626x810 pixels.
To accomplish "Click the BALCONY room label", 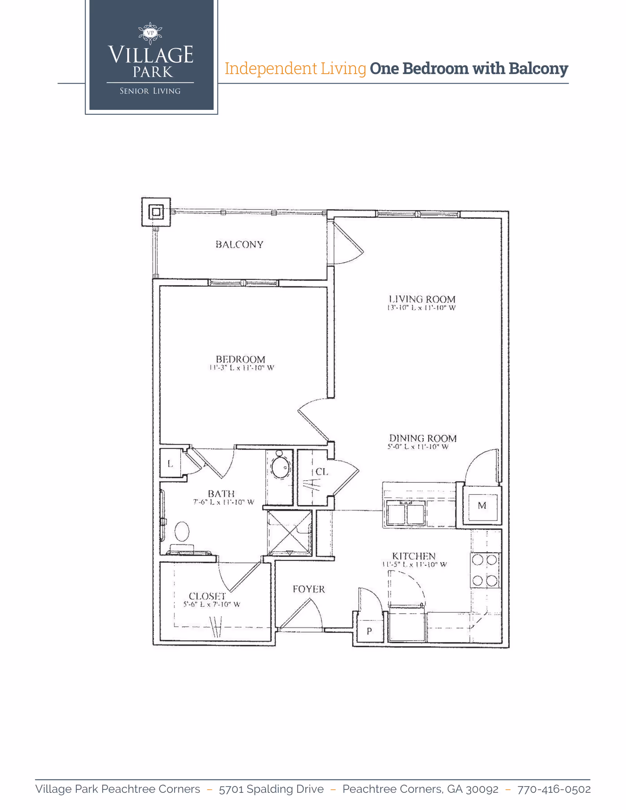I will tap(239, 244).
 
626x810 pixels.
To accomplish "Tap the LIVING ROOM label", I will tap(422, 299).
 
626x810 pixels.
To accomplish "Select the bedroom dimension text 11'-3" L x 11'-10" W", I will tap(241, 368).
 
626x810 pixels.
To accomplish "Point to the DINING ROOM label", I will tap(423, 438).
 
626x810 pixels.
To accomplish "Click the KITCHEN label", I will tap(414, 556).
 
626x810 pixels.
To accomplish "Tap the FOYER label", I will tap(309, 589).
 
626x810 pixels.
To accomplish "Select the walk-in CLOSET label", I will tap(207, 596).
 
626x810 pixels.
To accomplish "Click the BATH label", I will tap(221, 494).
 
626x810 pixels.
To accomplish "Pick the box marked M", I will tap(482, 506).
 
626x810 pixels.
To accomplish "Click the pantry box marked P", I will tap(369, 631).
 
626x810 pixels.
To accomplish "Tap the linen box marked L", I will tap(170, 464).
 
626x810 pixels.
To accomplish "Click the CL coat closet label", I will tap(321, 472).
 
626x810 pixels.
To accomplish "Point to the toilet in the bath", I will tap(182, 532).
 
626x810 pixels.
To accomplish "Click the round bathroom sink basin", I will tap(280, 467).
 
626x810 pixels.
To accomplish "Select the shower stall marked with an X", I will tap(290, 532).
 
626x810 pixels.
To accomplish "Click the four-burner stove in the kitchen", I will tap(485, 570).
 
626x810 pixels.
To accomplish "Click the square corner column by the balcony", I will tap(156, 212).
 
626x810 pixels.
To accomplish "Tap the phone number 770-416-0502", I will tap(554, 789).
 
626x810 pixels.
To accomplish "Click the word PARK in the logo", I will tap(153, 72).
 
